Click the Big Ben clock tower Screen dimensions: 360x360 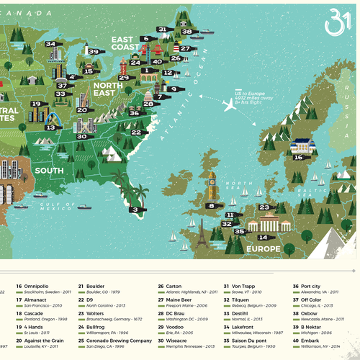211,186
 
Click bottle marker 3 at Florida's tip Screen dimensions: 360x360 135,210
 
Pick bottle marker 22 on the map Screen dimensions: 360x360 135,132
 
